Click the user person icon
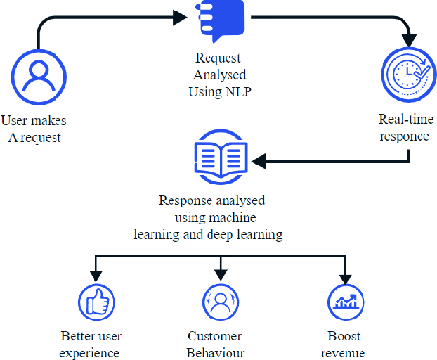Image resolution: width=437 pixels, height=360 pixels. (x=33, y=75)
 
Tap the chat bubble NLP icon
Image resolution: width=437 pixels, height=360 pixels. (x=219, y=21)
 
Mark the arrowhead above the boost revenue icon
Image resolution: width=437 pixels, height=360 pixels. (x=344, y=274)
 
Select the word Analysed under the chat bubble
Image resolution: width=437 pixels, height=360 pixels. (x=219, y=75)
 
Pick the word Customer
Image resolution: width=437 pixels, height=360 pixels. (x=215, y=336)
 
